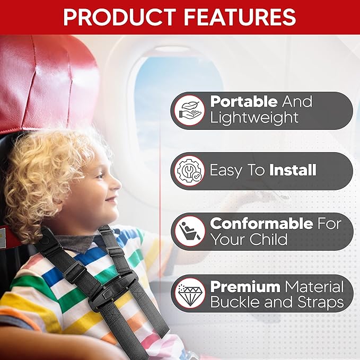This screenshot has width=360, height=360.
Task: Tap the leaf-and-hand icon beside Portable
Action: point(189,110)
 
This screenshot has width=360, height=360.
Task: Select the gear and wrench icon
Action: point(189,171)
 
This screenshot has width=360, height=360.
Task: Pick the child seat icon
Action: point(189,232)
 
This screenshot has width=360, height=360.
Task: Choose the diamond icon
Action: point(189,293)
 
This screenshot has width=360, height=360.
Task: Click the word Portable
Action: point(243,101)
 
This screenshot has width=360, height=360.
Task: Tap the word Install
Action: point(293,170)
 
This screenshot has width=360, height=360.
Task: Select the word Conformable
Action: point(261,223)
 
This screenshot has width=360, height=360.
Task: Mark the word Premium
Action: point(244,287)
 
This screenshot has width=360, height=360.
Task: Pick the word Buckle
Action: point(235,303)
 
